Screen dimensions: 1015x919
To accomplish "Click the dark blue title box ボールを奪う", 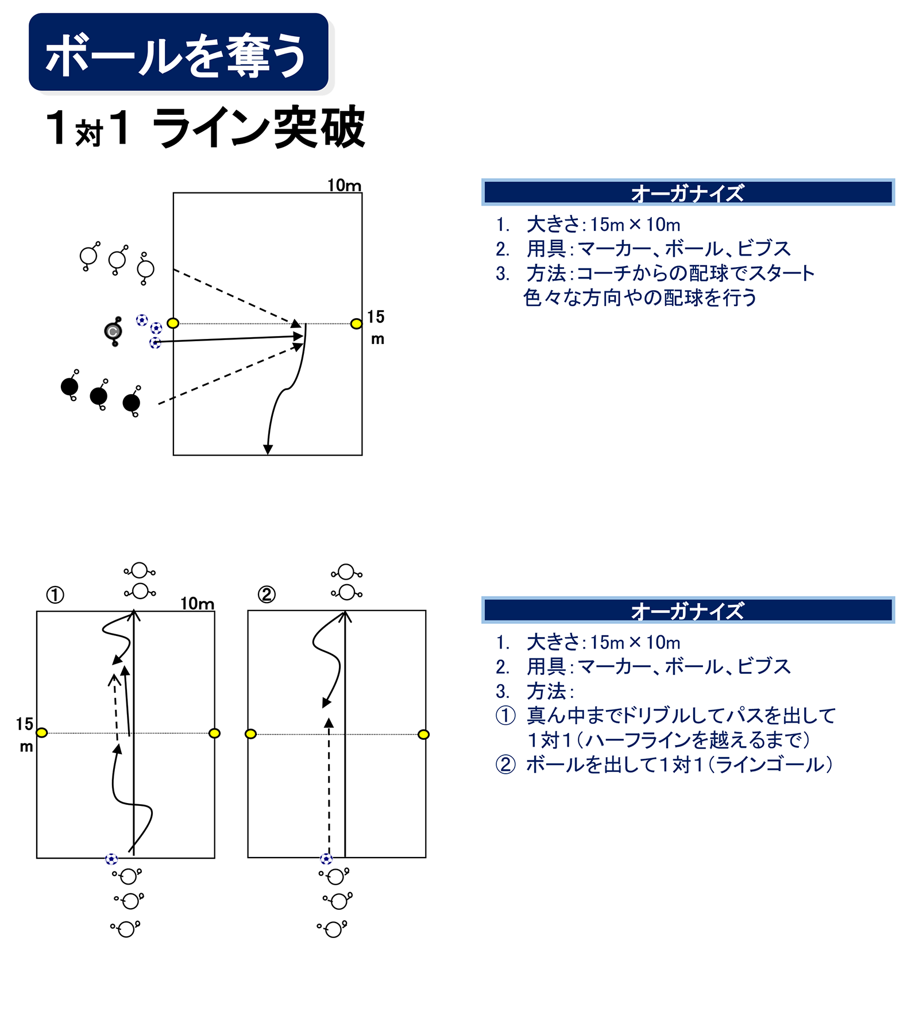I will [x=178, y=53].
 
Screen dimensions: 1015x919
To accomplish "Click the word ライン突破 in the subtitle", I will [x=258, y=128].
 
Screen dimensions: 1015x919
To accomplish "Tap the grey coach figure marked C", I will [x=113, y=331].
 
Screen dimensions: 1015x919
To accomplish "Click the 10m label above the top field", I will [x=344, y=186].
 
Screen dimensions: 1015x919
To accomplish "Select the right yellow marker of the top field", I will [x=356, y=324].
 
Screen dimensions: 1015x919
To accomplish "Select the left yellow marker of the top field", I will [x=173, y=323].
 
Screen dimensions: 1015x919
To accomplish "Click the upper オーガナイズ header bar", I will [x=688, y=192].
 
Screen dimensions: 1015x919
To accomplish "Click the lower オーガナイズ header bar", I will [x=688, y=610].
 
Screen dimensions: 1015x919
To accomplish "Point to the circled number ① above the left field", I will [x=55, y=595].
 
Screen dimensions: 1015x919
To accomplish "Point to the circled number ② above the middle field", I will [x=267, y=594].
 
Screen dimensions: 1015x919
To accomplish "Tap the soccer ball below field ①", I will [x=111, y=859].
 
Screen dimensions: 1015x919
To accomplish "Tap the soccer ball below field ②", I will [x=326, y=859].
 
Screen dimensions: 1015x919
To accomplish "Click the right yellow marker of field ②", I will [x=423, y=734].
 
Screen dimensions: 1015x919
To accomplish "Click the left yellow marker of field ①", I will [x=41, y=733].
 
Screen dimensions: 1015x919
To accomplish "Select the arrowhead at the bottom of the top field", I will [x=268, y=449].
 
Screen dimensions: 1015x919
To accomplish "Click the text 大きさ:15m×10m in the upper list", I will [x=603, y=225].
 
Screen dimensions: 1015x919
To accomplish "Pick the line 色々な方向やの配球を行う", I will [x=639, y=298].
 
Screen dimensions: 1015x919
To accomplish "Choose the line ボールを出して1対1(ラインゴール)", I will [x=678, y=765].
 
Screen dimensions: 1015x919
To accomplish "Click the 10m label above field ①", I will [x=197, y=603].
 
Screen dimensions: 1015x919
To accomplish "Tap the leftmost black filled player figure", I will [x=69, y=387].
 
